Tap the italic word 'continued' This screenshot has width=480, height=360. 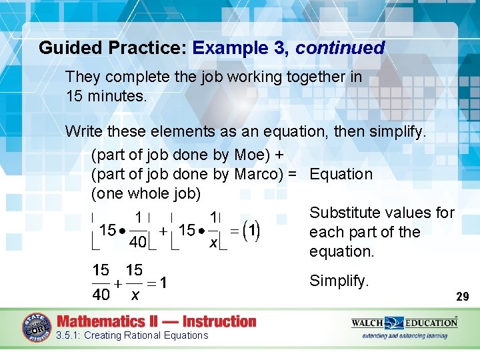(340, 49)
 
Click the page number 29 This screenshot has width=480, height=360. (462, 296)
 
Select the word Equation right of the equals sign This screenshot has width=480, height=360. (341, 174)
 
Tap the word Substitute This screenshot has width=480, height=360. (344, 213)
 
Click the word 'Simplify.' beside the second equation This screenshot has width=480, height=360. (339, 281)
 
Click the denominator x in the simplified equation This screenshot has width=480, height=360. (135, 294)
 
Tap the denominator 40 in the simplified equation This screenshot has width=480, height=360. (101, 294)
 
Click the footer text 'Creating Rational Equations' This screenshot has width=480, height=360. (146, 335)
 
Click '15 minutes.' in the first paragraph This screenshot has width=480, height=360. (106, 96)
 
